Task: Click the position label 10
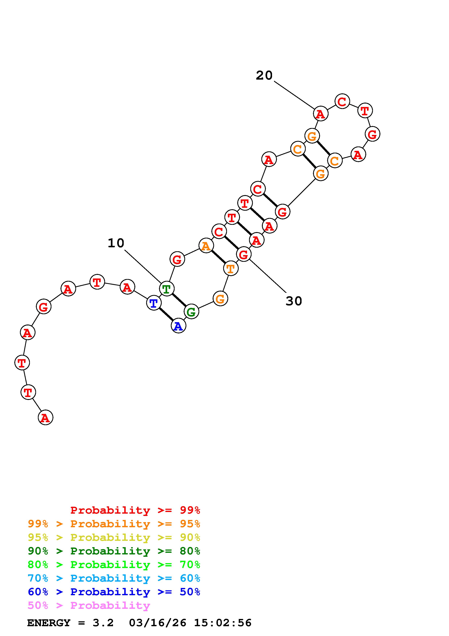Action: click(x=116, y=243)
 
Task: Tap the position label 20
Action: click(x=264, y=75)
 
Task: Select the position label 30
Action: click(x=294, y=301)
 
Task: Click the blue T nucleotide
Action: click(x=154, y=303)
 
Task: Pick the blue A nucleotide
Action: click(x=178, y=326)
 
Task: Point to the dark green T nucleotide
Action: click(x=167, y=289)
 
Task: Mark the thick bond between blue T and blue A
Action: click(x=166, y=314)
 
